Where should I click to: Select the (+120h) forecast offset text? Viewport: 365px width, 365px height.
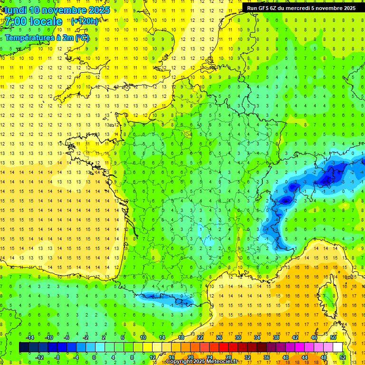pos(85,21)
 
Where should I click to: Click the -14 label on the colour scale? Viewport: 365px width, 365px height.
pos(30,337)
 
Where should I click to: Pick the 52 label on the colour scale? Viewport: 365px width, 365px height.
pos(343,357)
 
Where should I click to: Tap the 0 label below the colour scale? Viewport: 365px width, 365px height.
pos(94,357)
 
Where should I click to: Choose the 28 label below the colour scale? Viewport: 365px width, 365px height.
pos(228,357)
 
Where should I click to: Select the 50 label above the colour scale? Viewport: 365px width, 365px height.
pos(333,337)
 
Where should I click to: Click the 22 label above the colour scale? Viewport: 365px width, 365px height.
pos(200,337)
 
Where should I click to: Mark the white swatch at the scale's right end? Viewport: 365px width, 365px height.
pos(338,347)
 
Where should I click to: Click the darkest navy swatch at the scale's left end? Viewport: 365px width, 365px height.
pos(24,347)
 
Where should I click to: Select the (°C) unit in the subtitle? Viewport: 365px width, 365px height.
pos(81,38)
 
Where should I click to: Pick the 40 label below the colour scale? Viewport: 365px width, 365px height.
pos(286,357)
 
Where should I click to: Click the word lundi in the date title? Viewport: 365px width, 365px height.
pos(15,10)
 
